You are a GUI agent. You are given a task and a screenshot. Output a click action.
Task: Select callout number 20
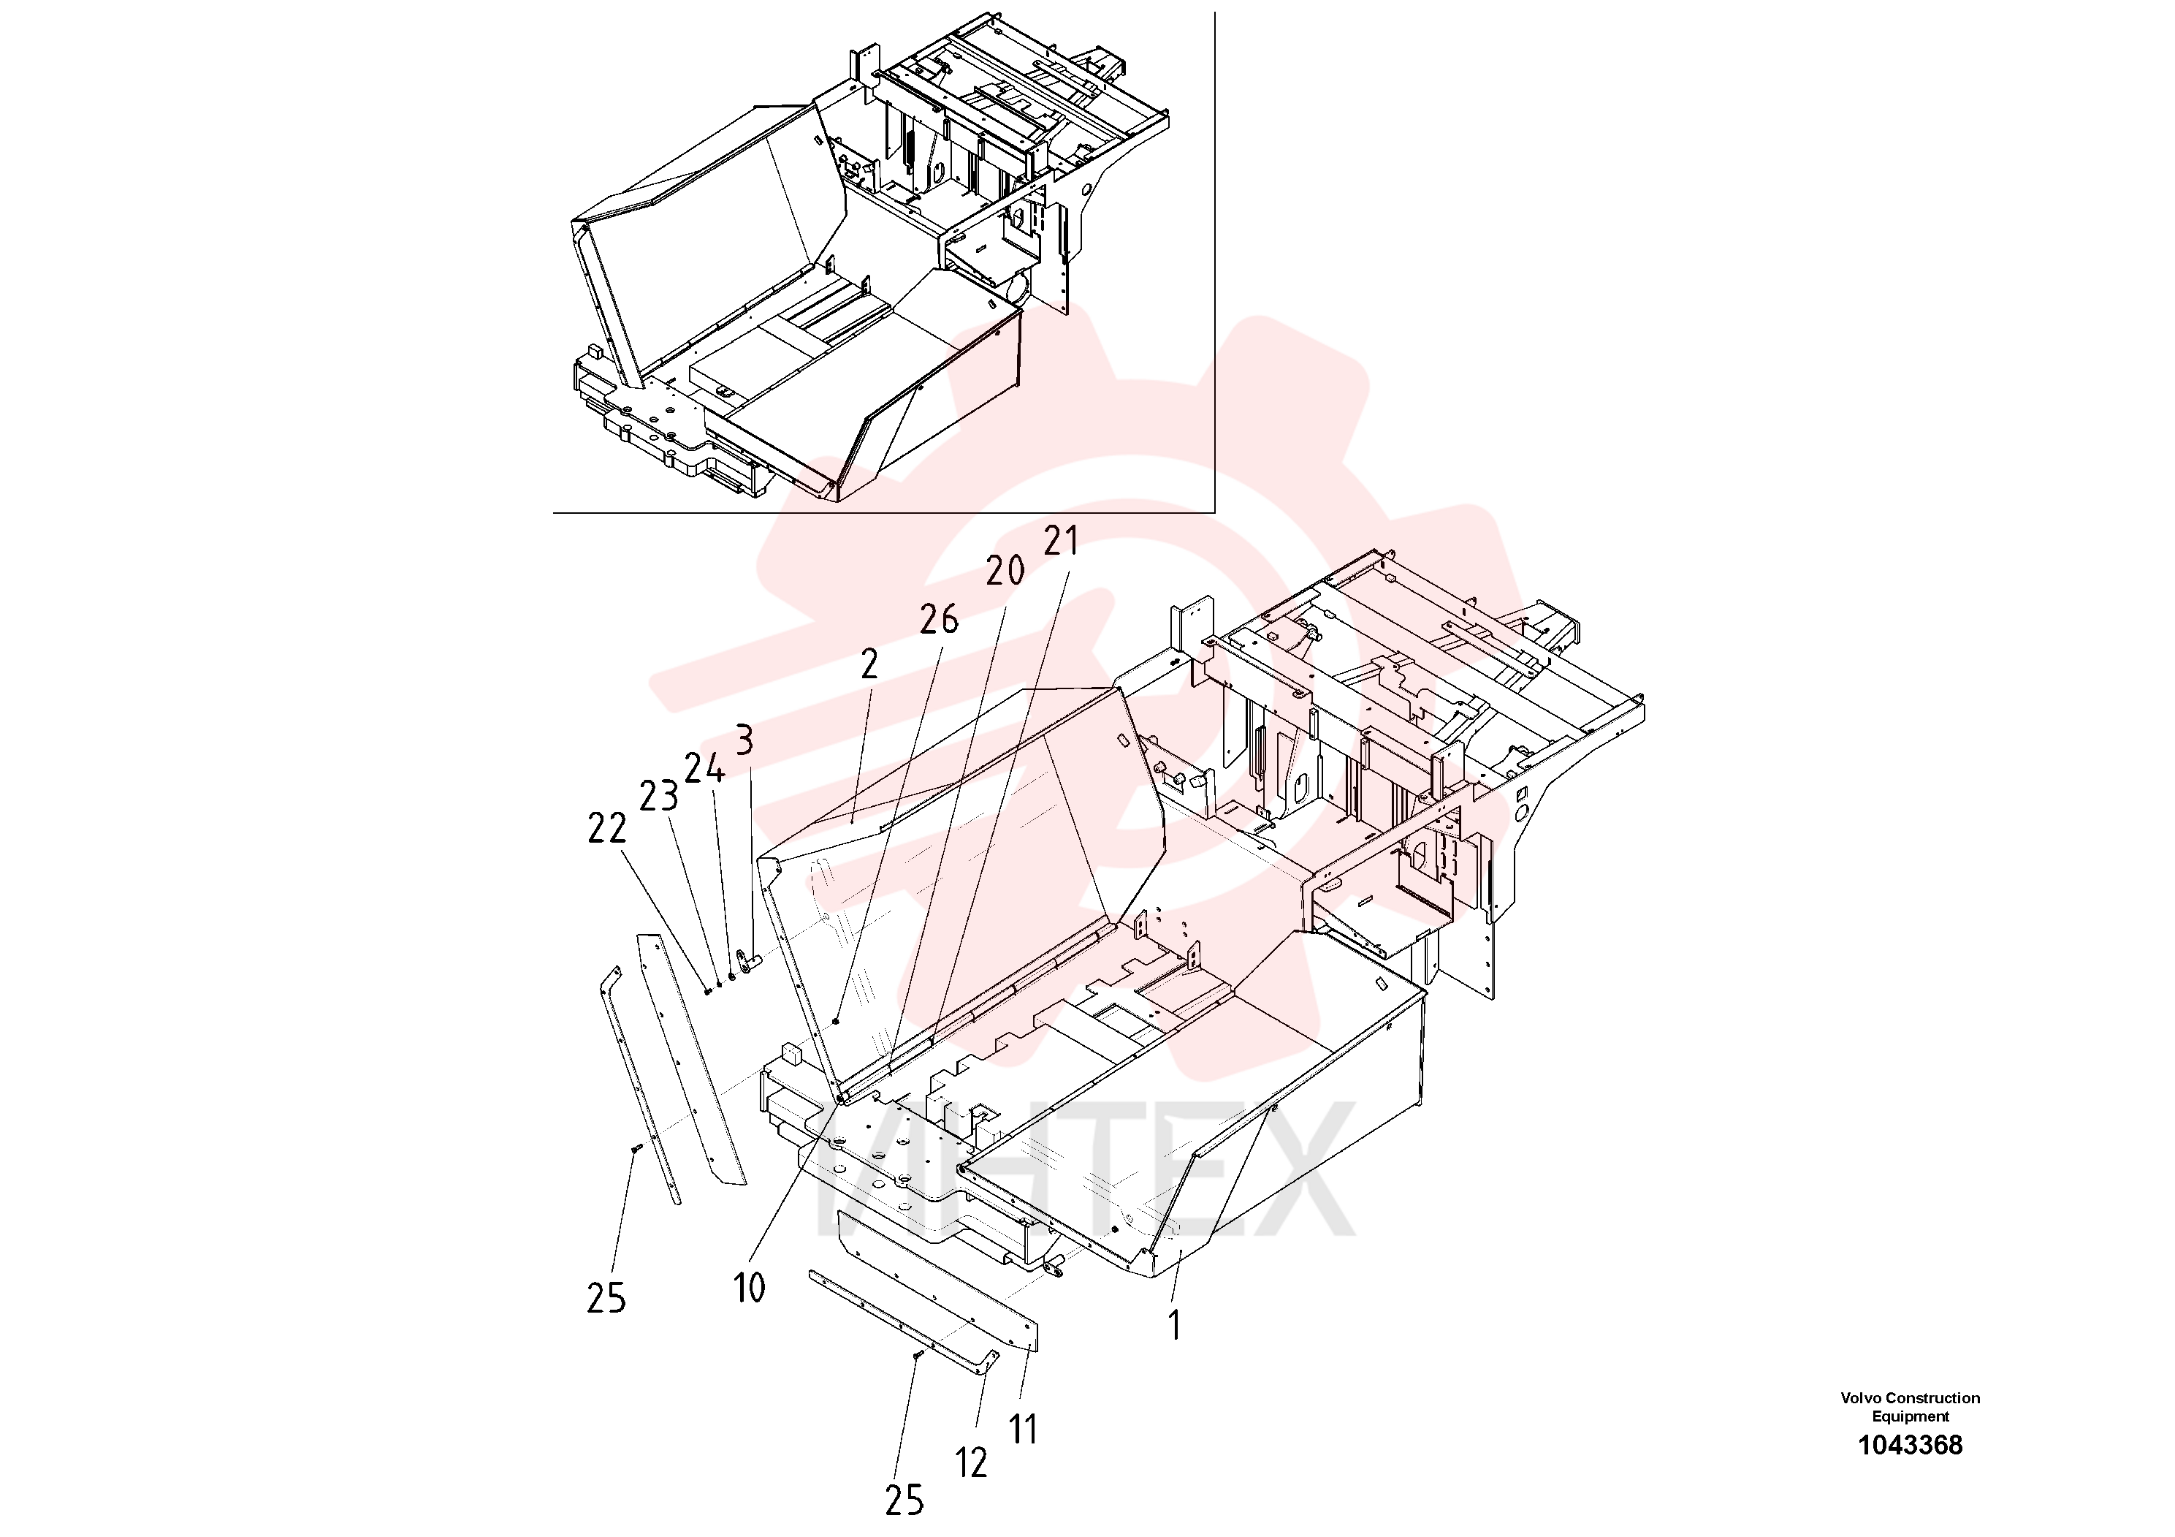[1005, 572]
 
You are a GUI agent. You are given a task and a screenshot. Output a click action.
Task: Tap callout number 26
[939, 620]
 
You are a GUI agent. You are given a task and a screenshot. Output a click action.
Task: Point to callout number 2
[869, 664]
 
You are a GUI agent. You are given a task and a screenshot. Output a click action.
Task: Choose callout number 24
[705, 769]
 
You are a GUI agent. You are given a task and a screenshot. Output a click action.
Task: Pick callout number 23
[658, 797]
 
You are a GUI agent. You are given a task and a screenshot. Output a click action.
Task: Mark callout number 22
[607, 829]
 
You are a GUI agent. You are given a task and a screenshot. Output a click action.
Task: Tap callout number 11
[1023, 1430]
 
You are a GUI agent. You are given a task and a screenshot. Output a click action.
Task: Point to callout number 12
[971, 1463]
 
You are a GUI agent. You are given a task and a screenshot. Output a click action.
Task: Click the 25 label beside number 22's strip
[606, 1298]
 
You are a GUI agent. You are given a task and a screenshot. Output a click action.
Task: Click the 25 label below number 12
[904, 1500]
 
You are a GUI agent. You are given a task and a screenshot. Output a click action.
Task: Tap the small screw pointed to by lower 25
[918, 1356]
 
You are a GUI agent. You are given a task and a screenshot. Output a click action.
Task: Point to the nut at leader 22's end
[708, 991]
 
